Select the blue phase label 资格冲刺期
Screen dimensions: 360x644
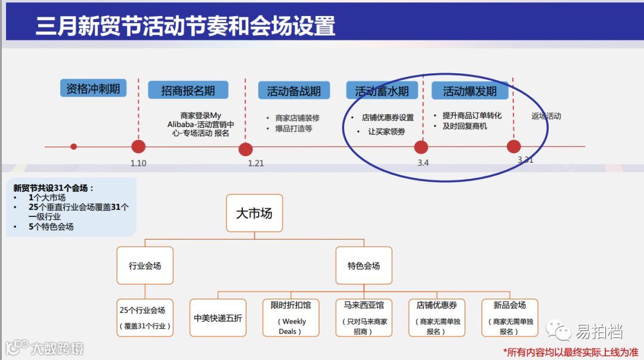coord(93,89)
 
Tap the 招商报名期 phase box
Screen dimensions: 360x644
coord(188,91)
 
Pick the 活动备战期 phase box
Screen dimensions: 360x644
coord(293,91)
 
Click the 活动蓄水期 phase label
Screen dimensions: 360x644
coord(382,91)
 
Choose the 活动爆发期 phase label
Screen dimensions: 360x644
coord(469,91)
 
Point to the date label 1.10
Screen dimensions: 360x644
coord(138,163)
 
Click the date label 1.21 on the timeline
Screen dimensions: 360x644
coord(256,163)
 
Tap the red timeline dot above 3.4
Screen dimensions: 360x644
coord(421,147)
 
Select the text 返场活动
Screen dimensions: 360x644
coord(546,116)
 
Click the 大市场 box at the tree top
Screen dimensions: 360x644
coord(254,213)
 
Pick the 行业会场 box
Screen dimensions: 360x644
coord(145,266)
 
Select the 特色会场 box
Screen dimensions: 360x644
coord(364,266)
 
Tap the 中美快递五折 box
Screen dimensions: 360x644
coord(218,318)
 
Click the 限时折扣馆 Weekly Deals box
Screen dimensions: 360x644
coord(291,318)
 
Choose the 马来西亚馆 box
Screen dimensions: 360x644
coord(364,318)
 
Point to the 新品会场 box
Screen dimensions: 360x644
coord(509,318)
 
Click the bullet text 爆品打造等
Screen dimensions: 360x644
coord(293,128)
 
